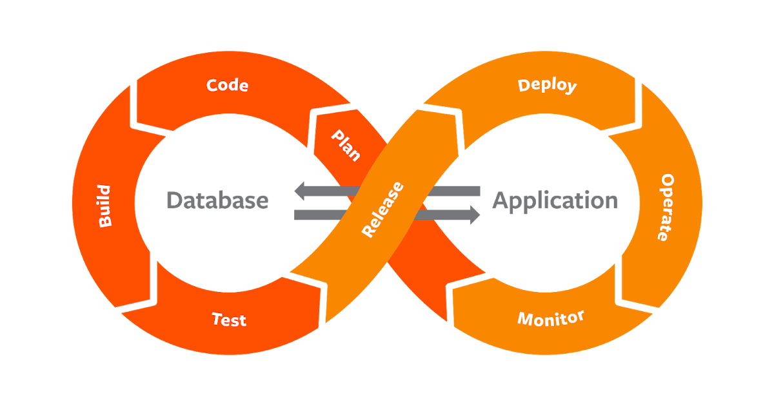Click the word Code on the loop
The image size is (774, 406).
coord(227,85)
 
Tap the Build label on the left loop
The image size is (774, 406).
coord(104,206)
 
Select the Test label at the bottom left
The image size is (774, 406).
coord(229,319)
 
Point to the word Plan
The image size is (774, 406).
coord(346,146)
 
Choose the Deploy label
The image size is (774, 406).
coord(547,85)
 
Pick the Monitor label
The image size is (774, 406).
coord(551,318)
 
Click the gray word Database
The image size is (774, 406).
coord(217,200)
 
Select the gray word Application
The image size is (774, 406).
coord(555,201)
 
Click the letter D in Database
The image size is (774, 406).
coord(173,200)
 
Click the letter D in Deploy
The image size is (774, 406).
coord(524,84)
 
